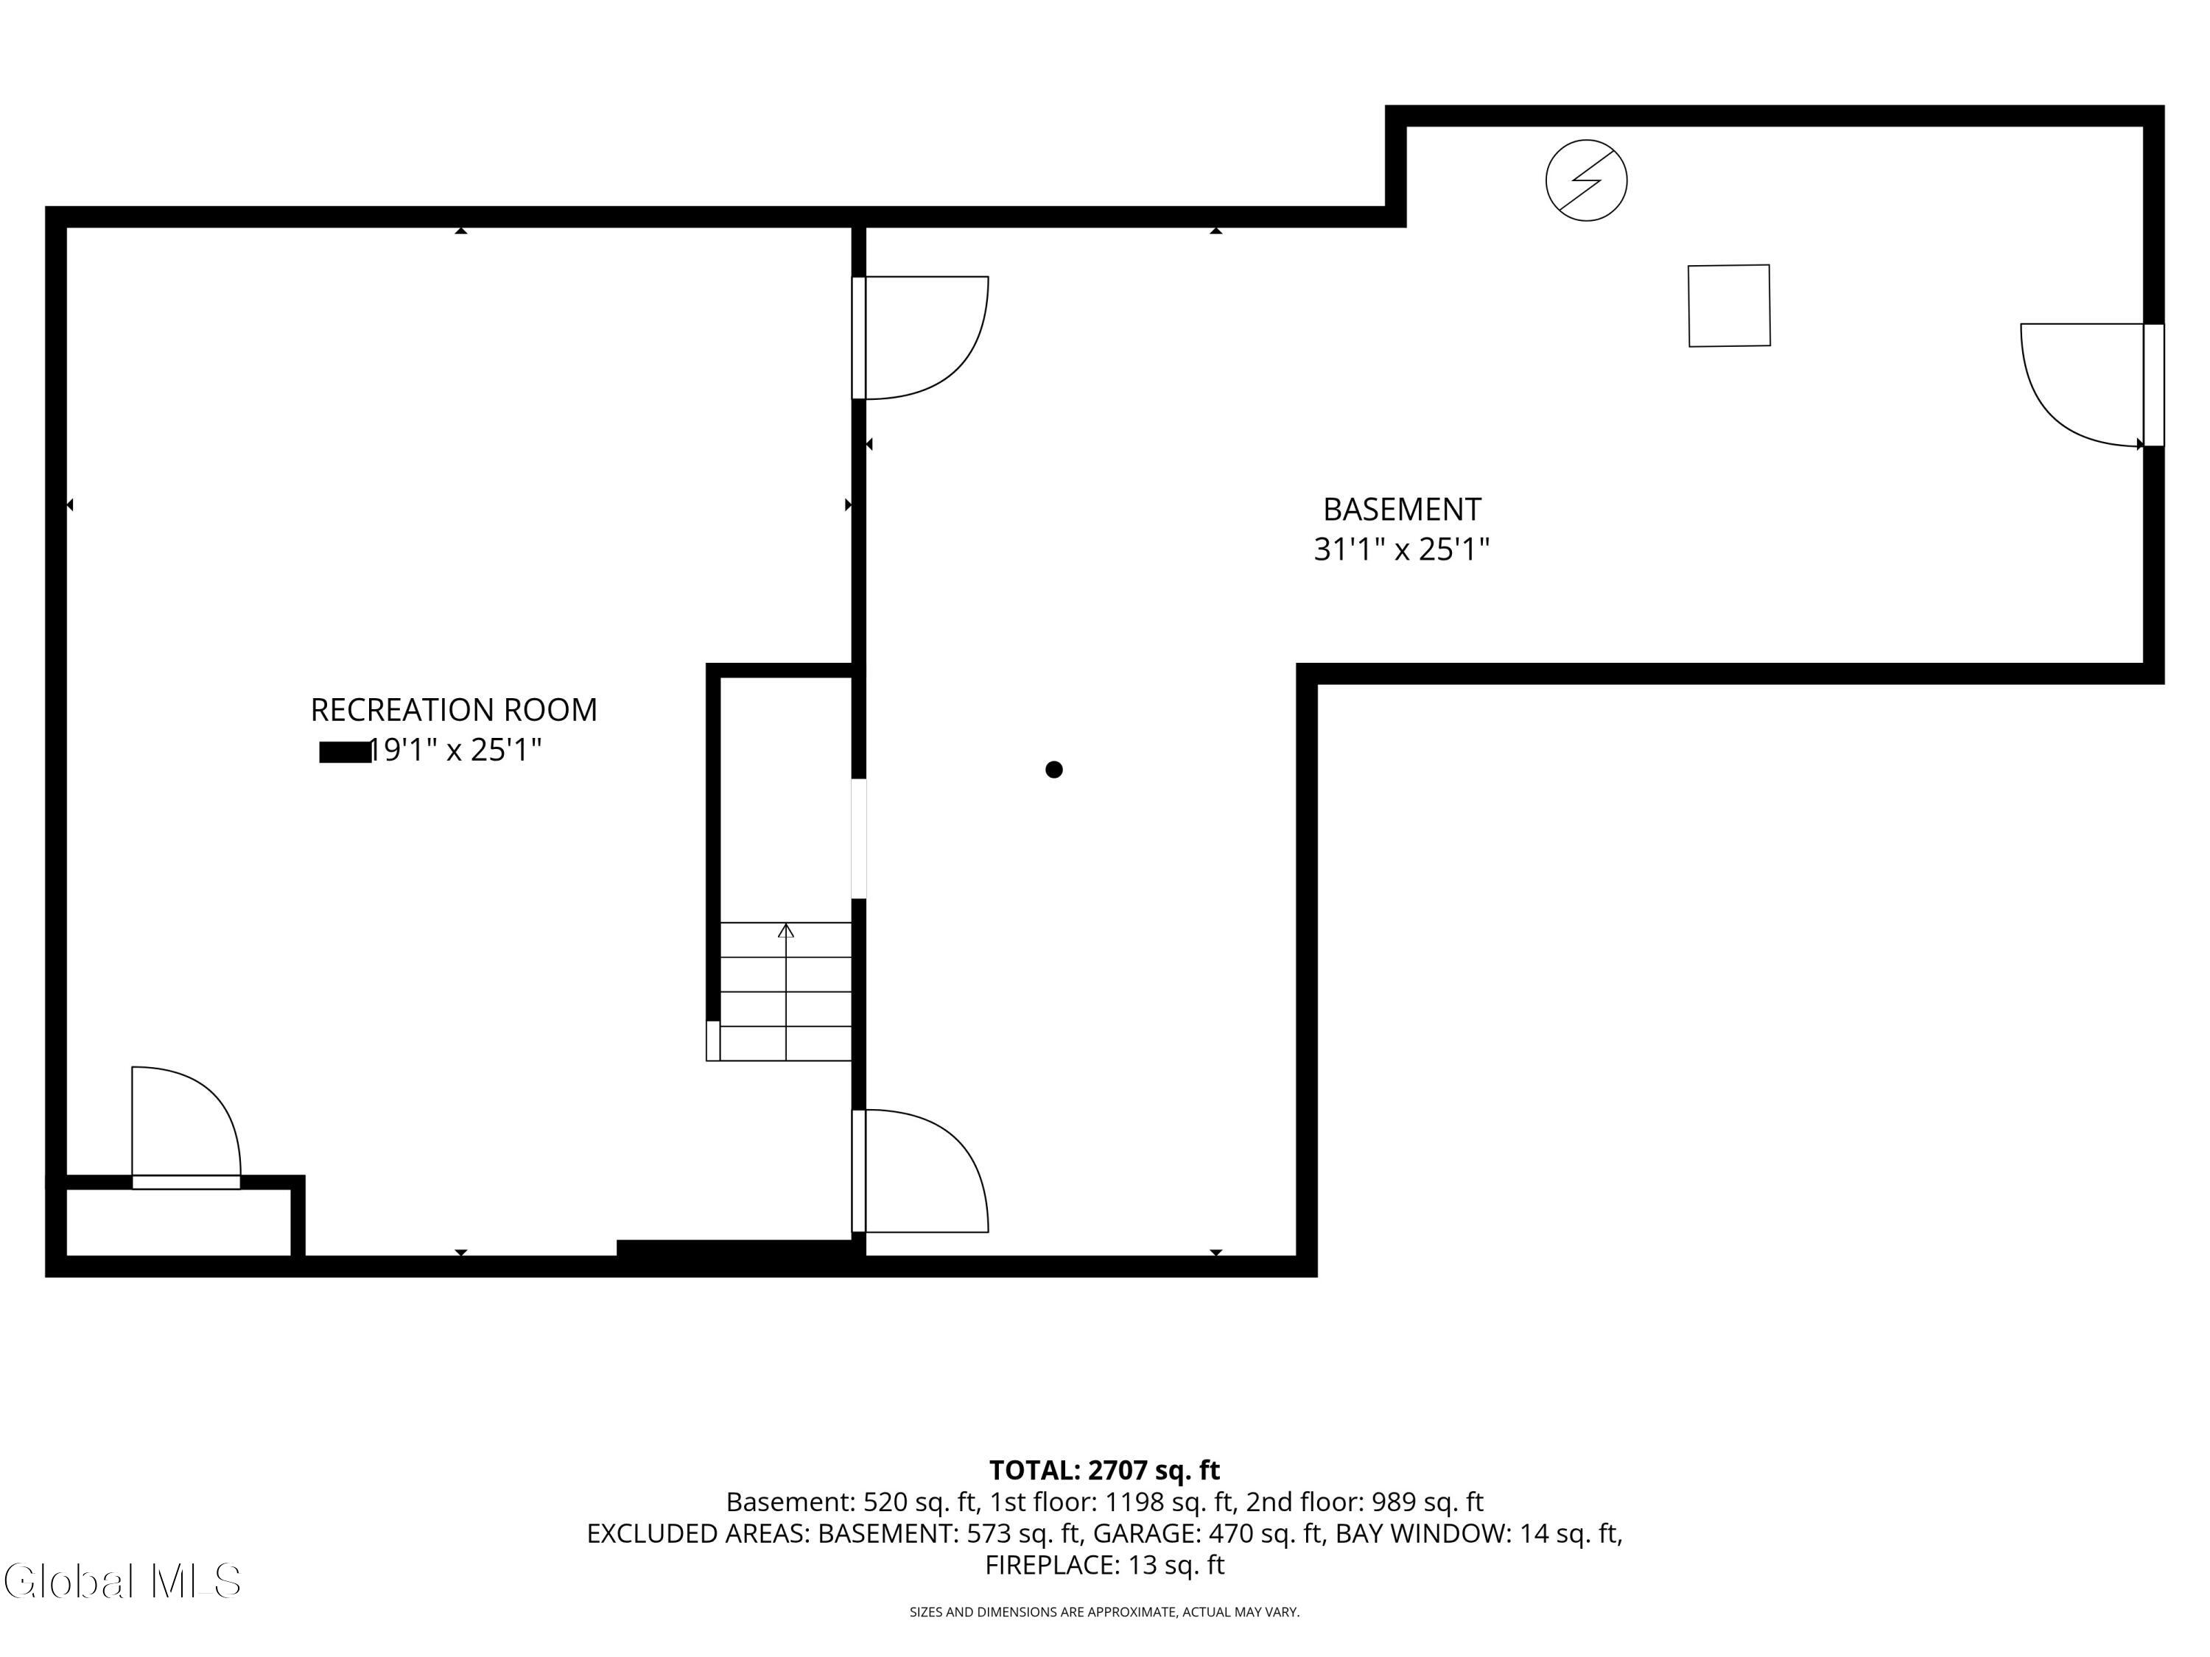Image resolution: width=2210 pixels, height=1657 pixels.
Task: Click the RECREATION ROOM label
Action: coord(454,710)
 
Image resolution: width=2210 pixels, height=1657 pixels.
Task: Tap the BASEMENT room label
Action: coord(1402,510)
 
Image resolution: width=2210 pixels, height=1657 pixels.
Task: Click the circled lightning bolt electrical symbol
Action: coord(1587,180)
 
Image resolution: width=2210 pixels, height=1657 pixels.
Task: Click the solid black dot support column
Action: coord(1054,769)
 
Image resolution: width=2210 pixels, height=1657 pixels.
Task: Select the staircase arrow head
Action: coord(786,931)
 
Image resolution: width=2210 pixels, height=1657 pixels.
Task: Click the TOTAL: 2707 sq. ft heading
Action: coord(1104,1470)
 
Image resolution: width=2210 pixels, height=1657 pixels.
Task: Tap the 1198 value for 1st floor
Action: coord(1134,1502)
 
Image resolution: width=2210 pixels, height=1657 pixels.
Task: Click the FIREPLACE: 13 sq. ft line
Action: coord(1104,1565)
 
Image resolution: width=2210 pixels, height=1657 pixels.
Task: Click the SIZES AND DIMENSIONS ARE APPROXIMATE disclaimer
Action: coord(1104,1612)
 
